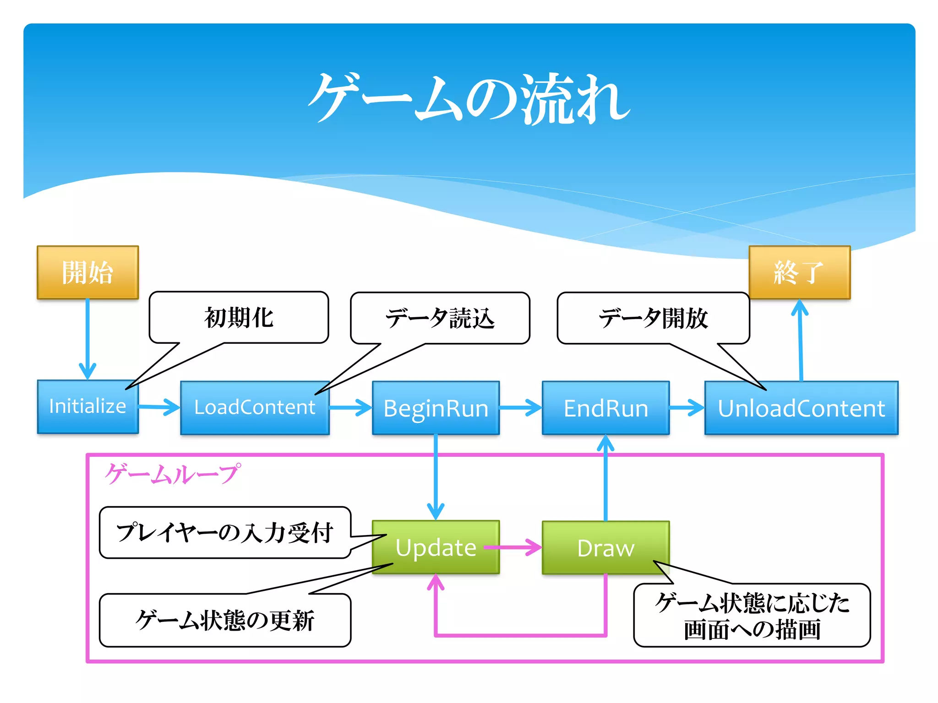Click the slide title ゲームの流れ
pyautogui.click(x=469, y=98)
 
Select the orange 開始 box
pyautogui.click(x=87, y=272)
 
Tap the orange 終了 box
pyautogui.click(x=799, y=272)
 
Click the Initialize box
pyautogui.click(x=87, y=407)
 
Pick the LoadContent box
pyautogui.click(x=255, y=408)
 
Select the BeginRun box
pyautogui.click(x=436, y=408)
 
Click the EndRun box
pyautogui.click(x=605, y=408)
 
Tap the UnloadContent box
pyautogui.click(x=801, y=408)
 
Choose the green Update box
pyautogui.click(x=436, y=547)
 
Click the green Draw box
pyautogui.click(x=605, y=548)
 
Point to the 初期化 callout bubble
pyautogui.click(x=239, y=318)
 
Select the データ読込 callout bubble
pyautogui.click(x=440, y=318)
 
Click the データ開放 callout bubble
pyautogui.click(x=653, y=318)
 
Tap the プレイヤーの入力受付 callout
pyautogui.click(x=225, y=533)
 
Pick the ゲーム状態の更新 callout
pyautogui.click(x=225, y=621)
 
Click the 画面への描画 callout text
pyautogui.click(x=752, y=630)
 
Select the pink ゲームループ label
pyautogui.click(x=172, y=474)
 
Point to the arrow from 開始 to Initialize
pyautogui.click(x=87, y=339)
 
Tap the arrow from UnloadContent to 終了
pyautogui.click(x=800, y=341)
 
